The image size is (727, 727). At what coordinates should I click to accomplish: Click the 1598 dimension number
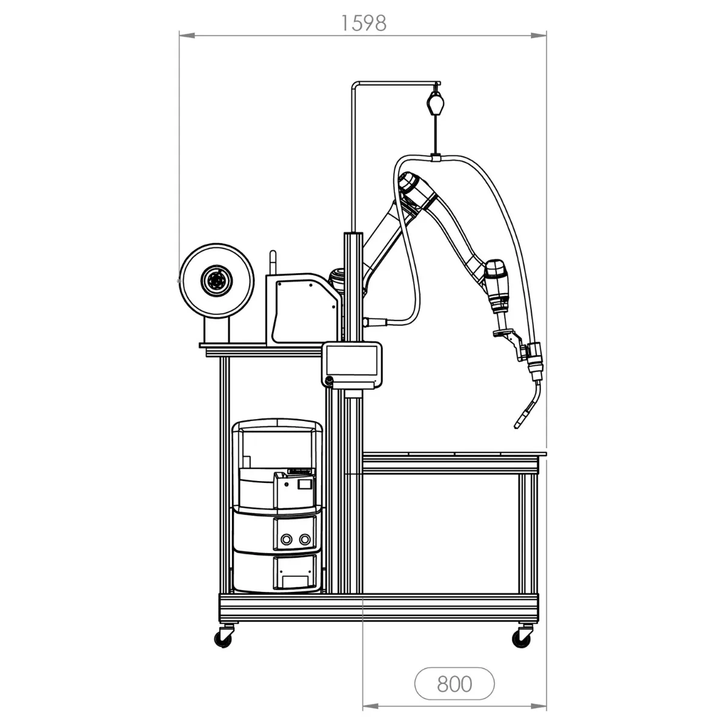pos(363,24)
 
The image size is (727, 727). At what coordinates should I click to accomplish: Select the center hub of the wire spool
pos(216,281)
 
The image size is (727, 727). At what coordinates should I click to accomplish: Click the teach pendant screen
pos(351,359)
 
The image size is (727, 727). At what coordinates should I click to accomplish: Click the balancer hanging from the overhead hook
pos(436,102)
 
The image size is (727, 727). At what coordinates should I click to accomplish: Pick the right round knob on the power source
pos(305,540)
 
